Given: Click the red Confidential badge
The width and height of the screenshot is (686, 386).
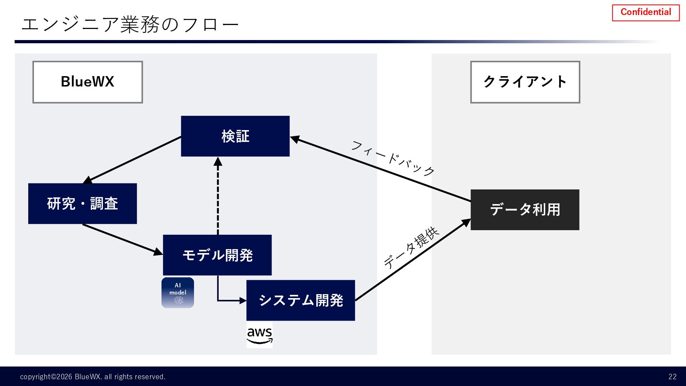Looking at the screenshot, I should [646, 13].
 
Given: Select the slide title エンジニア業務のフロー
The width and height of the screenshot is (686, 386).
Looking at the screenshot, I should [130, 25].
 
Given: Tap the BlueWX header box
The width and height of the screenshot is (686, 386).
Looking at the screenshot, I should [88, 82].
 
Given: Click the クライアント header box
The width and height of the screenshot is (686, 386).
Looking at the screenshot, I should [525, 82].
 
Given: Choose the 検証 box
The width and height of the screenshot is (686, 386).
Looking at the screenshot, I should [235, 136].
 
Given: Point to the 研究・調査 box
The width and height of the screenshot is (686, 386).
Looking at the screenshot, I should [83, 204].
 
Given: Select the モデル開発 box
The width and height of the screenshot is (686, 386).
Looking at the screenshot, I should [217, 255].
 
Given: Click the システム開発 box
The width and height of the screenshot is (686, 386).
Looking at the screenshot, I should [300, 300].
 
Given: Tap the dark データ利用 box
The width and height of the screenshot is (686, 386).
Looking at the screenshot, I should [525, 210].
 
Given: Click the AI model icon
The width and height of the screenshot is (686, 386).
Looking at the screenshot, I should [178, 292].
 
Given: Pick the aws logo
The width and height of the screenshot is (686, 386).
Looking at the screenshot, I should [259, 335].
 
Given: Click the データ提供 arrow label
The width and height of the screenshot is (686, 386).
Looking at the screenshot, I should [411, 247].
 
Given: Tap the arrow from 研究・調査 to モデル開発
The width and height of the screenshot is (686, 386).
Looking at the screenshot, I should [121, 239].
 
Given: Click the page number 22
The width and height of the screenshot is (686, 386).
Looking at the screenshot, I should [672, 377].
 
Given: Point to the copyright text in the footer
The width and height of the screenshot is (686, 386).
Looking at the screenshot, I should [93, 377].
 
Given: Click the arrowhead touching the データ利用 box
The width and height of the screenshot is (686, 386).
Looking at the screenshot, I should [466, 222].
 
